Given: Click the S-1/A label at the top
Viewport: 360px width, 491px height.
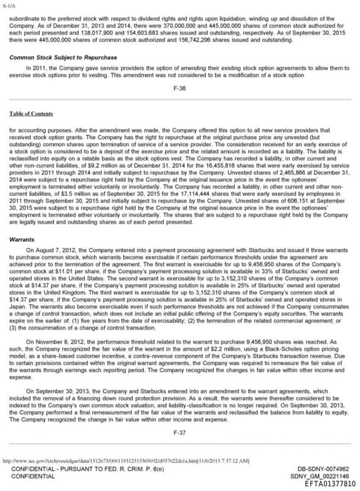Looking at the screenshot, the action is pos(8,4).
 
